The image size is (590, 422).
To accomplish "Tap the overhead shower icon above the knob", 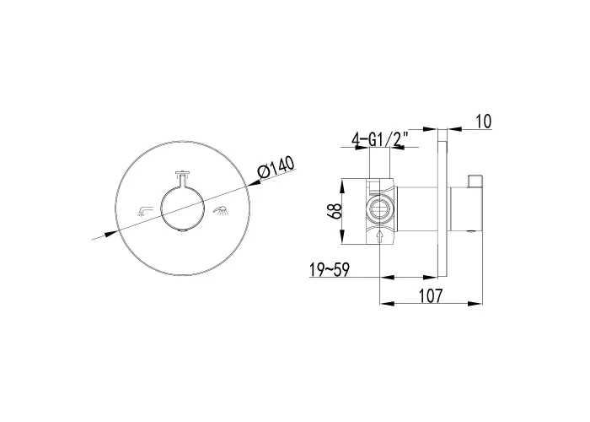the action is click(183, 174).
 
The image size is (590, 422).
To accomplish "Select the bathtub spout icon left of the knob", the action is click(145, 211).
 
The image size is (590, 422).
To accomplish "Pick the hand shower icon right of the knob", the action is click(222, 210).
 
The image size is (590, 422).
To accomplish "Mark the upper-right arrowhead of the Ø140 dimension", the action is click(254, 183).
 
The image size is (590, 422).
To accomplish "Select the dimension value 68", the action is click(334, 212).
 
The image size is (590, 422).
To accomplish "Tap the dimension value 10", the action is click(484, 122).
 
